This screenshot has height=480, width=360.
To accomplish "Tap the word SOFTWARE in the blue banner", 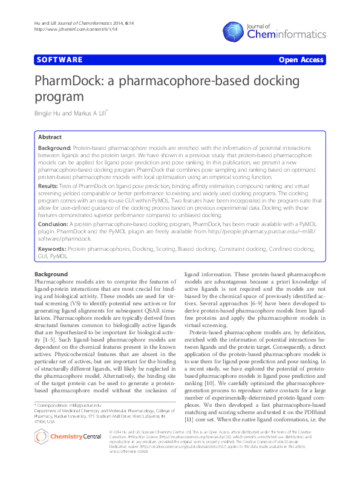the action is coord(59,60).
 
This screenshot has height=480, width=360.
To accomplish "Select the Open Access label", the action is coord(300,60).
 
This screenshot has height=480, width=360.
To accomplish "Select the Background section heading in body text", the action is coord(51,274).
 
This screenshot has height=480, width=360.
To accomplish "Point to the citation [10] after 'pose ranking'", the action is coord(208,383).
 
